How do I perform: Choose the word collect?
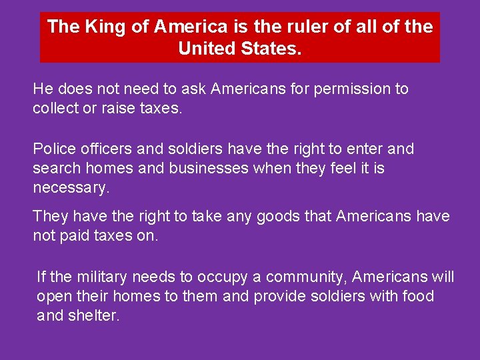pyautogui.click(x=57, y=108)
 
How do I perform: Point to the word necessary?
pyautogui.click(x=71, y=188)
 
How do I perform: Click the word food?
pyautogui.click(x=418, y=296)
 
